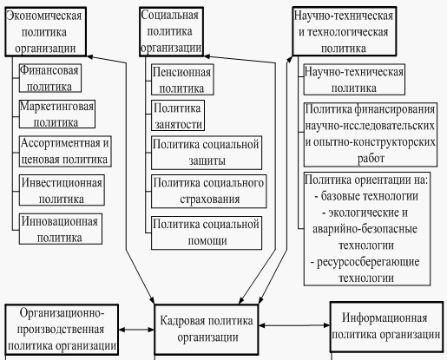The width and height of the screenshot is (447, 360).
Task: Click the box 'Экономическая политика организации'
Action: [x=46, y=31]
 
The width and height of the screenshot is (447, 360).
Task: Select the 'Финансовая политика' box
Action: [x=50, y=78]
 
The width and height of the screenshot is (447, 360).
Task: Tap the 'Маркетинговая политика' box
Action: [x=57, y=114]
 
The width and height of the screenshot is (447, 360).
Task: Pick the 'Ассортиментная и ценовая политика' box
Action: [x=65, y=151]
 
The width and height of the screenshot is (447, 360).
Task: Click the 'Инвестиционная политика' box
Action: [x=62, y=190]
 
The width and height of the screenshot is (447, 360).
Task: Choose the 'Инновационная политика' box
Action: [x=61, y=229]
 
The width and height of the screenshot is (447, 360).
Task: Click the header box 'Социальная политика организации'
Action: [x=171, y=31]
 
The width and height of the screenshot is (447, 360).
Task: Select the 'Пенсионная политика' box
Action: [x=182, y=80]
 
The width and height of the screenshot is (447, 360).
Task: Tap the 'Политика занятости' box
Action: [x=178, y=115]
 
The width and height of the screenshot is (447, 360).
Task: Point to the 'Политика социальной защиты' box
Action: [x=207, y=153]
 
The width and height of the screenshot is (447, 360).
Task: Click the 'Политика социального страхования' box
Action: [x=208, y=191]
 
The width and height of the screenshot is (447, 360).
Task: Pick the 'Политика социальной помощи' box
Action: [x=207, y=232]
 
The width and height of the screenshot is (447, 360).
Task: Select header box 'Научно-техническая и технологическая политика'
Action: [x=345, y=31]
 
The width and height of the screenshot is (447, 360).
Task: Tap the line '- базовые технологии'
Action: [x=366, y=196]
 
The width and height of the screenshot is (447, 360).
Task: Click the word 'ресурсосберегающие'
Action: [x=368, y=262]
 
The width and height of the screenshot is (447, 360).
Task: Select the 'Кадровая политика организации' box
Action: [x=207, y=330]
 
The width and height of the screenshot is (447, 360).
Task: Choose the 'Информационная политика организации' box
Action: [x=386, y=327]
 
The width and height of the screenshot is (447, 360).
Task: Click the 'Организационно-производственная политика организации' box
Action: [x=62, y=330]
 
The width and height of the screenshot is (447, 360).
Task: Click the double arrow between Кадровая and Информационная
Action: [x=294, y=325]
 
